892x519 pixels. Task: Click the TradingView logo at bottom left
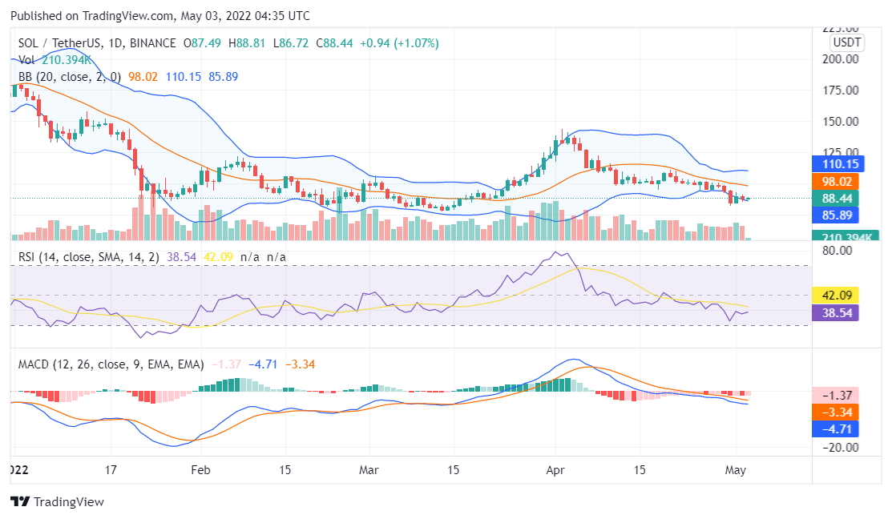tap(57, 501)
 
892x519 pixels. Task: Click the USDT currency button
tap(846, 42)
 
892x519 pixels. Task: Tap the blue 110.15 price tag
tap(835, 164)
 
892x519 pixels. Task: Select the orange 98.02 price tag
tap(835, 181)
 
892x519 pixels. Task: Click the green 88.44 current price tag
tap(835, 198)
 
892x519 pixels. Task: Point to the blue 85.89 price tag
tap(835, 215)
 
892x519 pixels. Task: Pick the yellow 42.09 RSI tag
tap(835, 295)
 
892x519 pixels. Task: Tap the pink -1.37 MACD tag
tap(835, 395)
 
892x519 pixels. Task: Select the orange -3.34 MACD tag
tap(835, 412)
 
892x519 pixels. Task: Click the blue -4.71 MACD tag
tap(835, 428)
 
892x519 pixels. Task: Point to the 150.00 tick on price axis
tap(842, 122)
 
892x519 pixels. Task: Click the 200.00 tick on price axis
tap(842, 59)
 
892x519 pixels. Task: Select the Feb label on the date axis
tap(200, 470)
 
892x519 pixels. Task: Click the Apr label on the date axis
tap(555, 470)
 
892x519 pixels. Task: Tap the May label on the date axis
tap(736, 470)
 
